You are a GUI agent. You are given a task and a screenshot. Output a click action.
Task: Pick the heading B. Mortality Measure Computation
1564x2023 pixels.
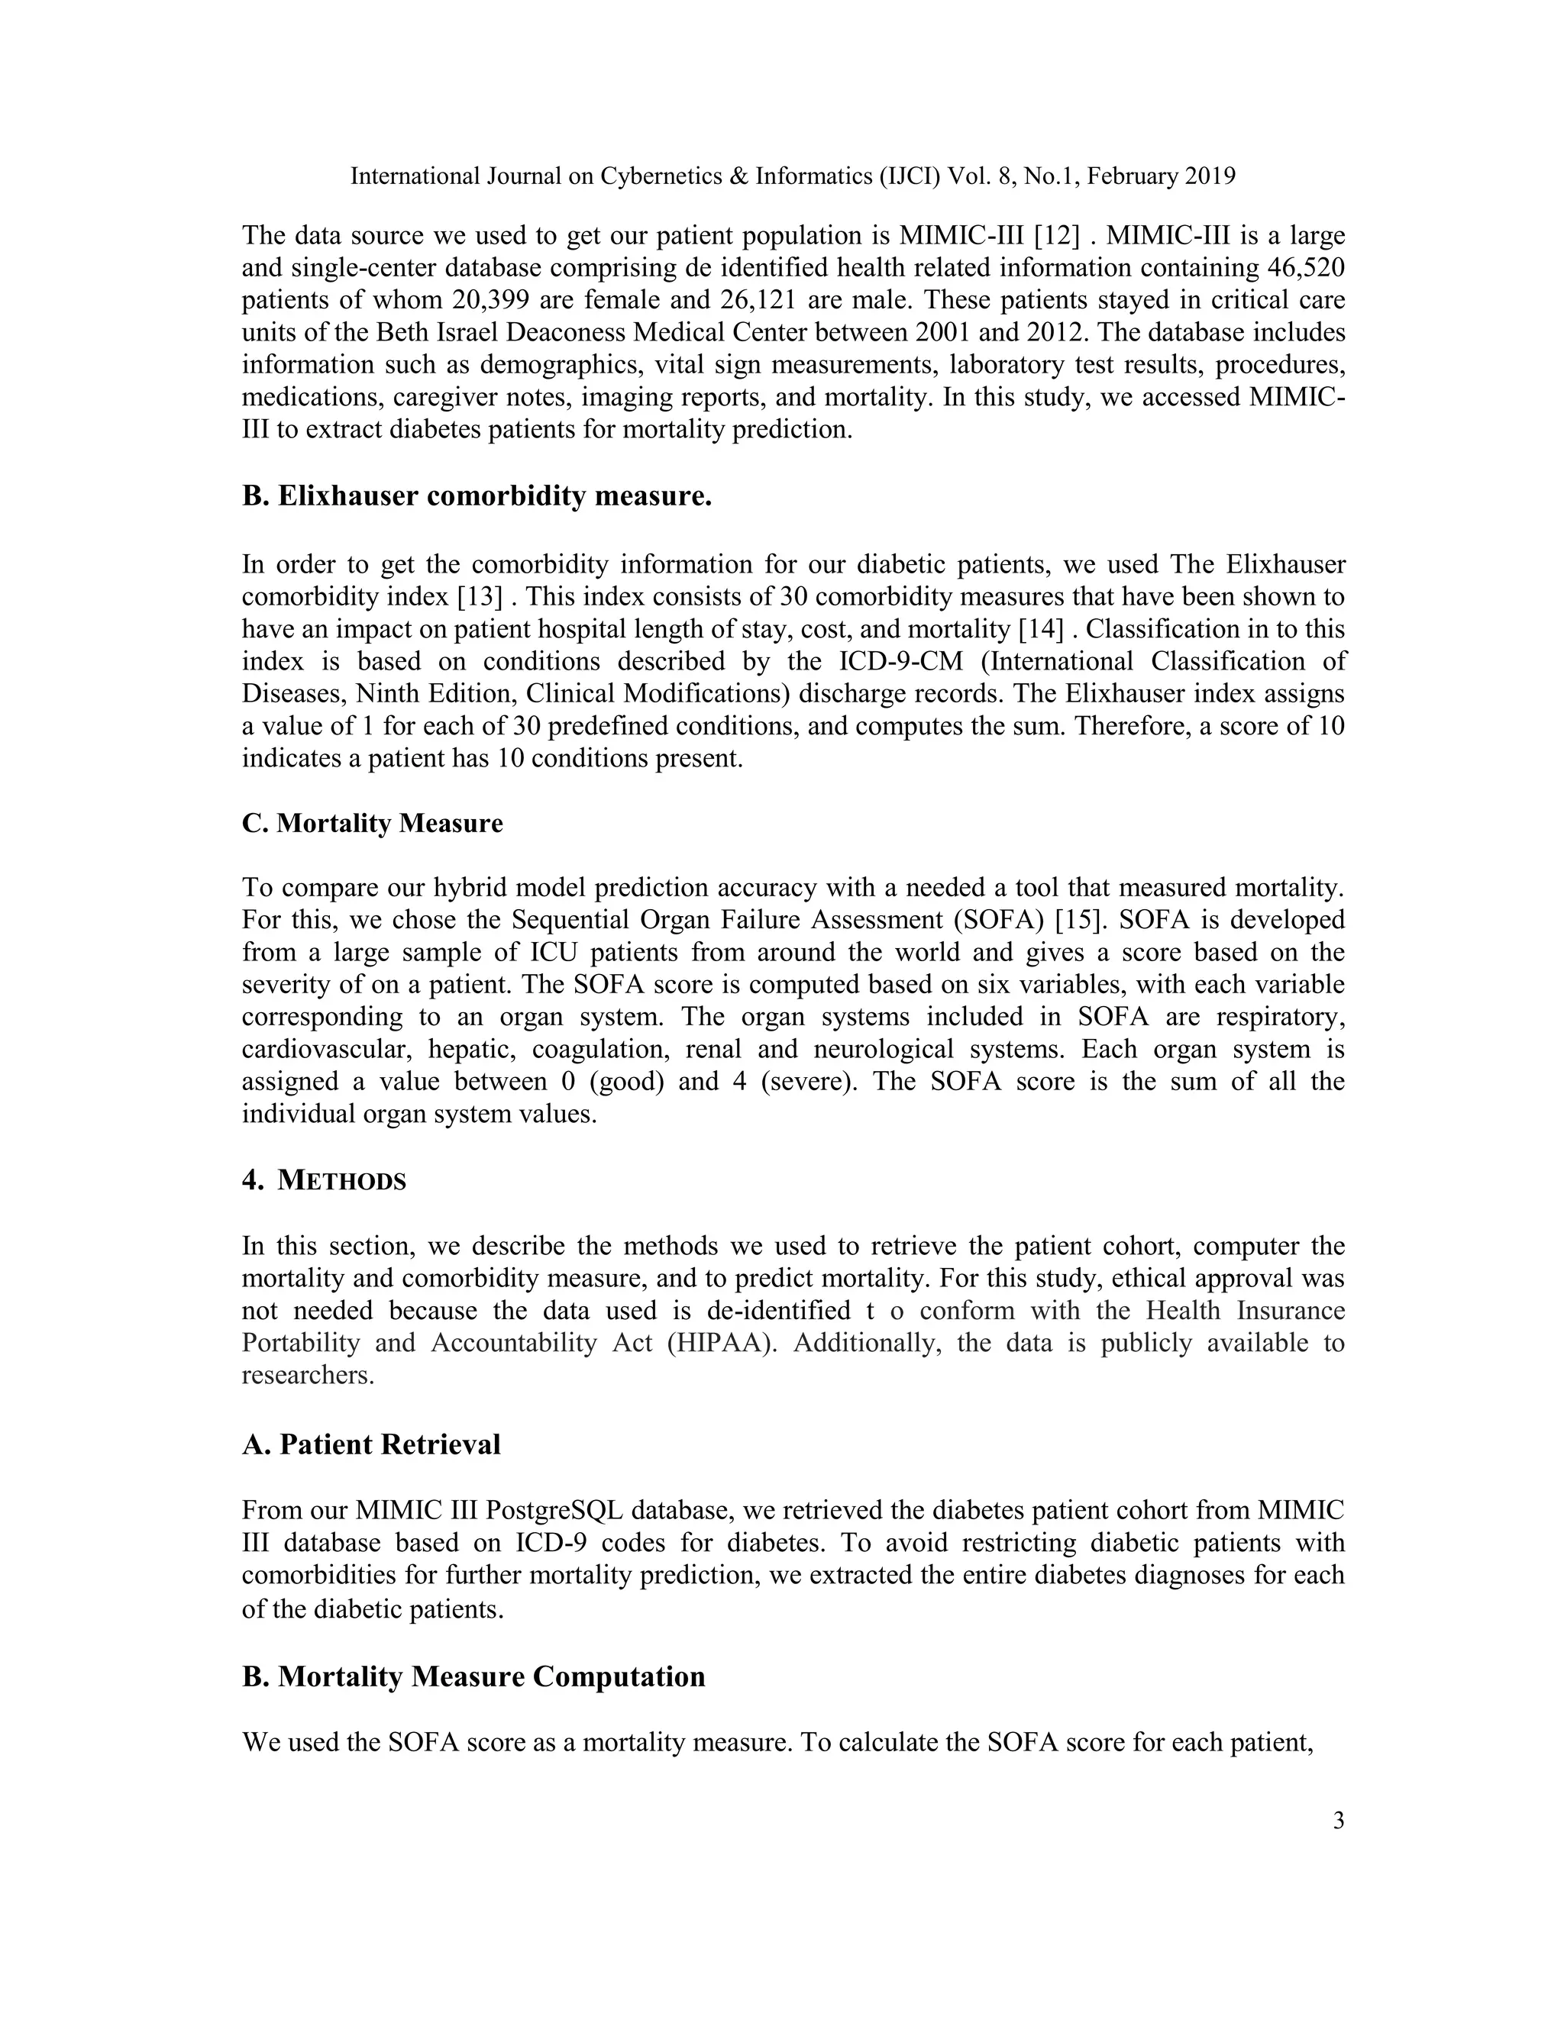click(473, 1676)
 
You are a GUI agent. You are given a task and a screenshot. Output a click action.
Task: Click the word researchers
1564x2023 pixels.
click(307, 1375)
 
